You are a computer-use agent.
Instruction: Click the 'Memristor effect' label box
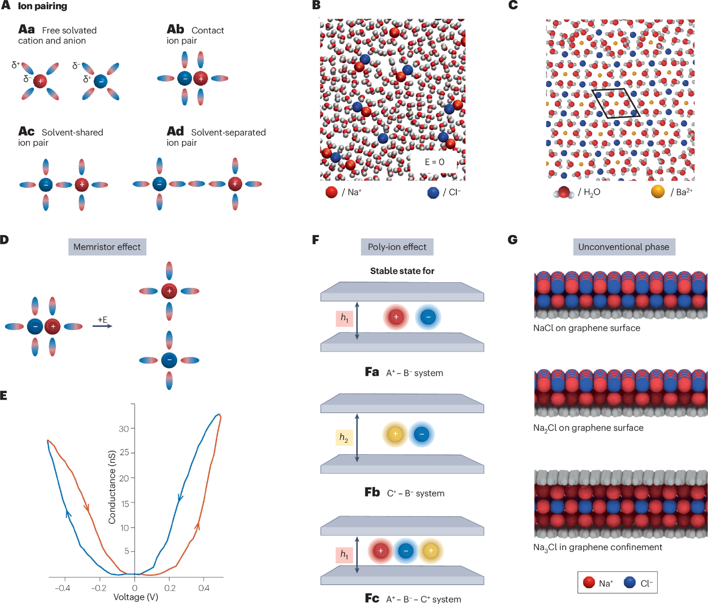coord(107,247)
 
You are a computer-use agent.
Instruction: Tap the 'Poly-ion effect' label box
coord(397,247)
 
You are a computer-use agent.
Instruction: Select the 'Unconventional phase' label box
coord(624,247)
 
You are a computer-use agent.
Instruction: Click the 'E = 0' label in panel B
coord(434,162)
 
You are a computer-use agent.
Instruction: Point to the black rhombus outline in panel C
coord(616,104)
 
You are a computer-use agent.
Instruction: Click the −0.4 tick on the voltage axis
coord(62,588)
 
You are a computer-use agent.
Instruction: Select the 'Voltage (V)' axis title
coord(136,597)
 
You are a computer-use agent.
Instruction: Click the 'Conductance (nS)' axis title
coord(111,487)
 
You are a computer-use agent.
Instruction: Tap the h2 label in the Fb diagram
coord(344,438)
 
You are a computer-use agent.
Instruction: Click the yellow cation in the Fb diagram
coord(395,434)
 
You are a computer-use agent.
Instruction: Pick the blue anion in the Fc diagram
coord(406,551)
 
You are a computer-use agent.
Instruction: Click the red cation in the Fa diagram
coord(396,317)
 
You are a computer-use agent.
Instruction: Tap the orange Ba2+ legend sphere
coord(658,192)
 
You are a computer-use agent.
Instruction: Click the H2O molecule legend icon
coord(564,192)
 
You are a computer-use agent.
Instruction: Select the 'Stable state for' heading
coord(402,271)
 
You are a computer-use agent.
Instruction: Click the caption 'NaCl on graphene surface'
coord(586,328)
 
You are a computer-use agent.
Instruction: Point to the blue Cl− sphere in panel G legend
coord(629,583)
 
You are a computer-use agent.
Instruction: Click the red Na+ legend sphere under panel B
coord(331,192)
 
